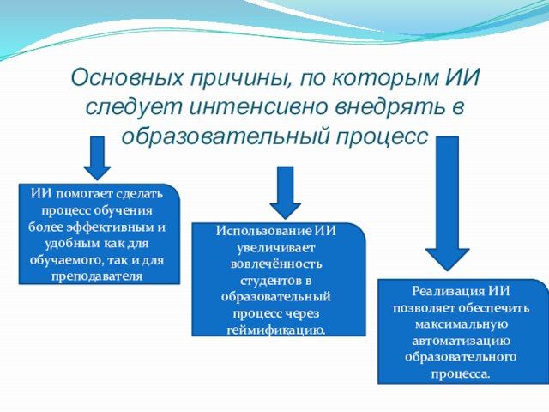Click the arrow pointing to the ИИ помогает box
[x=99, y=158]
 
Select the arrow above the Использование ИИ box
[x=285, y=191]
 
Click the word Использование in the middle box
[x=265, y=231]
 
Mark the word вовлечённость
[x=278, y=264]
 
